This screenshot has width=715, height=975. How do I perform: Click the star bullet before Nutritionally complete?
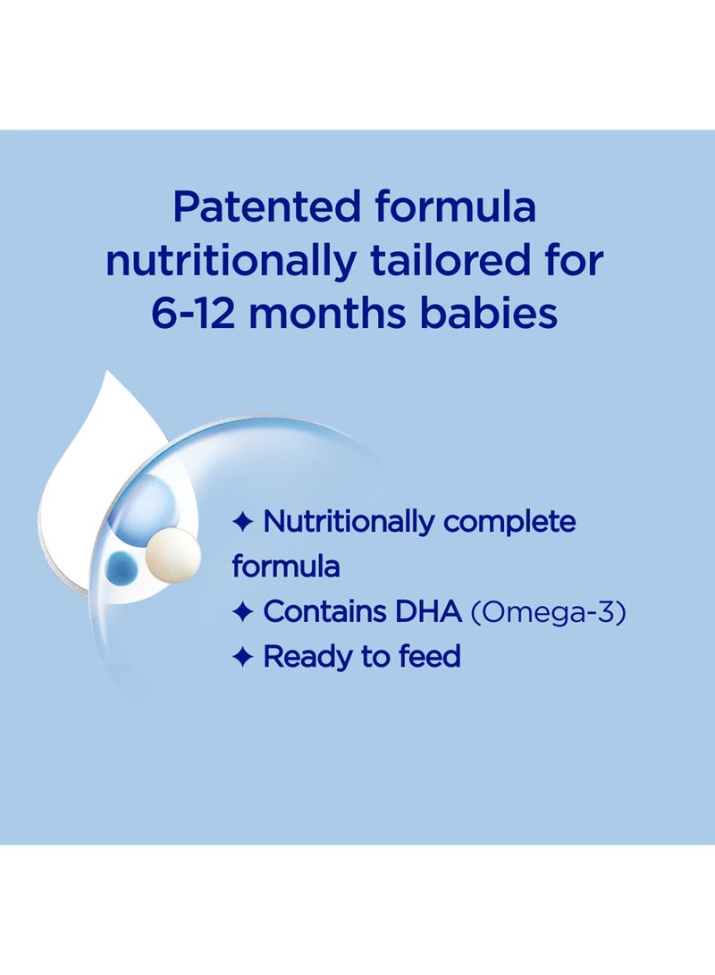tap(242, 521)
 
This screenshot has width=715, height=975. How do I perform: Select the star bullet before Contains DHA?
tap(242, 612)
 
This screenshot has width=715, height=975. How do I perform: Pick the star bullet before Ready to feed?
tap(242, 658)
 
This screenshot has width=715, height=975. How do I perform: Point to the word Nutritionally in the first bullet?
tap(347, 523)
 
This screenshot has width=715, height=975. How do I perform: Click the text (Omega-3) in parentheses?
tap(547, 613)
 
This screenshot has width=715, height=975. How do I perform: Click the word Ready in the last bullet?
tap(304, 658)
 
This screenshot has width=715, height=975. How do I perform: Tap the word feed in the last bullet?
tap(428, 658)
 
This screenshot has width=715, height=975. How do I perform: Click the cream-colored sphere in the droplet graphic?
tap(170, 551)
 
